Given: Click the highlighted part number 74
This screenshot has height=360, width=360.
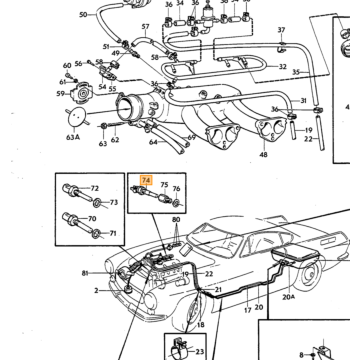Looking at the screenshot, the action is point(146,180).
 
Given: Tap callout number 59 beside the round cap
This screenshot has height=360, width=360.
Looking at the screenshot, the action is point(60,94).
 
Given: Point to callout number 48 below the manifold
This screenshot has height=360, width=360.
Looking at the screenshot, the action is point(264,154).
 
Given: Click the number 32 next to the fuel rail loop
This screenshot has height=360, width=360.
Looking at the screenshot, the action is point(282,67).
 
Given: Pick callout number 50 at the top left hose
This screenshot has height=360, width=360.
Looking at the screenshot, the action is point(83,15).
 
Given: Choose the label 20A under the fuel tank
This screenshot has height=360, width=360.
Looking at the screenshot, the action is point(289,297).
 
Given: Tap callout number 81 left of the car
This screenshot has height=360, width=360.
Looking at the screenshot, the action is point(85,273).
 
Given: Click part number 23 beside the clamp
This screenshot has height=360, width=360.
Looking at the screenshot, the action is point(199,351).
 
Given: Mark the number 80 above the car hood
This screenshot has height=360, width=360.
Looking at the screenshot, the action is point(176,220).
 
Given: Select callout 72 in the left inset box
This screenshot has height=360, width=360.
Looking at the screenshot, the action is point(95,188).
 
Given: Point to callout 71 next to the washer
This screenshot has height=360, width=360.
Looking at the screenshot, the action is point(113,233).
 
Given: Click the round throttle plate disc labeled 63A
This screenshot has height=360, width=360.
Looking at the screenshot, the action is point(77,117).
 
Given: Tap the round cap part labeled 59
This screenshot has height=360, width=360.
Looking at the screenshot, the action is point(81,94).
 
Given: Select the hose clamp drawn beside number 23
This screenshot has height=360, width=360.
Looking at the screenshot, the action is point(178,349).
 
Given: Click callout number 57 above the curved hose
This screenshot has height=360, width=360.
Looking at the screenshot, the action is point(146,27).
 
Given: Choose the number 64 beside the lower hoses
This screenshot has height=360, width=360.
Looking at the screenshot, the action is point(153,142).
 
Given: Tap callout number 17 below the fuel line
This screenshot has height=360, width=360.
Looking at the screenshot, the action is point(247,310).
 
